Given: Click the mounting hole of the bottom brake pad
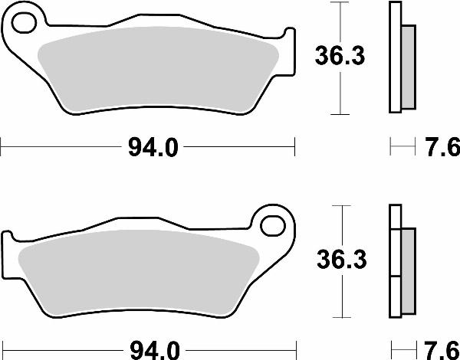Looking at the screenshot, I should point(272,226).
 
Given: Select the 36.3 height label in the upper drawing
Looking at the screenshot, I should point(336,57).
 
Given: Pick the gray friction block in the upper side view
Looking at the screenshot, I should point(408,65).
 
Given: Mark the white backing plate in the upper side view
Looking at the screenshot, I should point(396,57).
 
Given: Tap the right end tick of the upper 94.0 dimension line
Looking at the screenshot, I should point(294,143).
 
